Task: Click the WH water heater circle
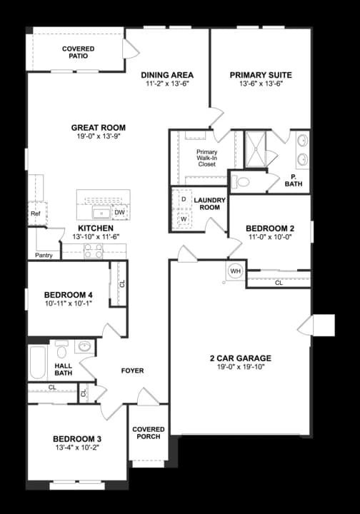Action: [235, 271]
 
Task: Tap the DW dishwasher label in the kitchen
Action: [119, 213]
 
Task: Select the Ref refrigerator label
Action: [34, 213]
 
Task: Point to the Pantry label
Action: [43, 255]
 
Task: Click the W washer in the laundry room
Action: [184, 219]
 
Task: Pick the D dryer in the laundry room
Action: [184, 198]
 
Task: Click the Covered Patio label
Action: [78, 52]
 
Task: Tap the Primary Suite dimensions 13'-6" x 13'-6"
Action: [261, 83]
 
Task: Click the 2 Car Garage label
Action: [240, 358]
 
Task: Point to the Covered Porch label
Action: [149, 433]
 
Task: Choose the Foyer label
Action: [132, 371]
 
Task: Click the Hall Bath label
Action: [64, 370]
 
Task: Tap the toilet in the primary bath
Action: [243, 181]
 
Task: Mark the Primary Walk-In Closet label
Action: [206, 158]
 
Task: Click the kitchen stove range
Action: [94, 251]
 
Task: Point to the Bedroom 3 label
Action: [76, 438]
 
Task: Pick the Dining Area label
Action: [167, 75]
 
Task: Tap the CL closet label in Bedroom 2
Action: [279, 283]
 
